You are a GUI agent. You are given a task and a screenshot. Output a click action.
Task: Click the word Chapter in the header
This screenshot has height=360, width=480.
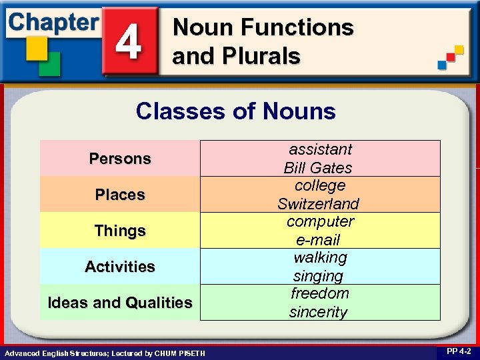click(53, 22)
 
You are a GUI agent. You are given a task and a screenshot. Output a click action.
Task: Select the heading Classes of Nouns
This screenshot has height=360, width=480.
click(235, 111)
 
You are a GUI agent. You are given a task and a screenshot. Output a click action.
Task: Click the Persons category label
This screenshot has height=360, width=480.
click(120, 159)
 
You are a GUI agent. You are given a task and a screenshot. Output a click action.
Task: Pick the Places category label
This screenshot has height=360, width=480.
click(120, 195)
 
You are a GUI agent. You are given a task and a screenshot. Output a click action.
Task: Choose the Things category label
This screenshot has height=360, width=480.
click(120, 231)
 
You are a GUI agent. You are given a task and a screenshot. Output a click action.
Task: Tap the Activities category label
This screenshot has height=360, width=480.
click(120, 267)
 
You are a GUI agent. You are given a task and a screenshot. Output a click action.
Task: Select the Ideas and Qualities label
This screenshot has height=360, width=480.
click(120, 303)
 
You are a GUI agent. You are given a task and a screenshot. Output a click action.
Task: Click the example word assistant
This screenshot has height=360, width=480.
click(319, 149)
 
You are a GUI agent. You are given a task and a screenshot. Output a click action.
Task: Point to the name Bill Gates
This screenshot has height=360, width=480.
click(318, 167)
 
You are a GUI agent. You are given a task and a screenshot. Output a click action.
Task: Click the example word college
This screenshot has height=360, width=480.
click(319, 185)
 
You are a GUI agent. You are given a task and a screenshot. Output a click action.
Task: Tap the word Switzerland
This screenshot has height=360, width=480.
click(318, 203)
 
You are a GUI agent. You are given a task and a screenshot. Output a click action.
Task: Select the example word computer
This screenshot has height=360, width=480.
click(320, 221)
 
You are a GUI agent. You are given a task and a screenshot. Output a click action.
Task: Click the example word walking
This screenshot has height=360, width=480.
click(320, 257)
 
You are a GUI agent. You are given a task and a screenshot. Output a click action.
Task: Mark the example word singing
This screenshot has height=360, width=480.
click(318, 275)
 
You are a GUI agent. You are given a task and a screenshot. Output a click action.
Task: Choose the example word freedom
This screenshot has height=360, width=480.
click(319, 293)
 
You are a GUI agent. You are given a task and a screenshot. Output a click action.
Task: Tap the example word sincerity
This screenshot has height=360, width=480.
click(318, 312)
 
